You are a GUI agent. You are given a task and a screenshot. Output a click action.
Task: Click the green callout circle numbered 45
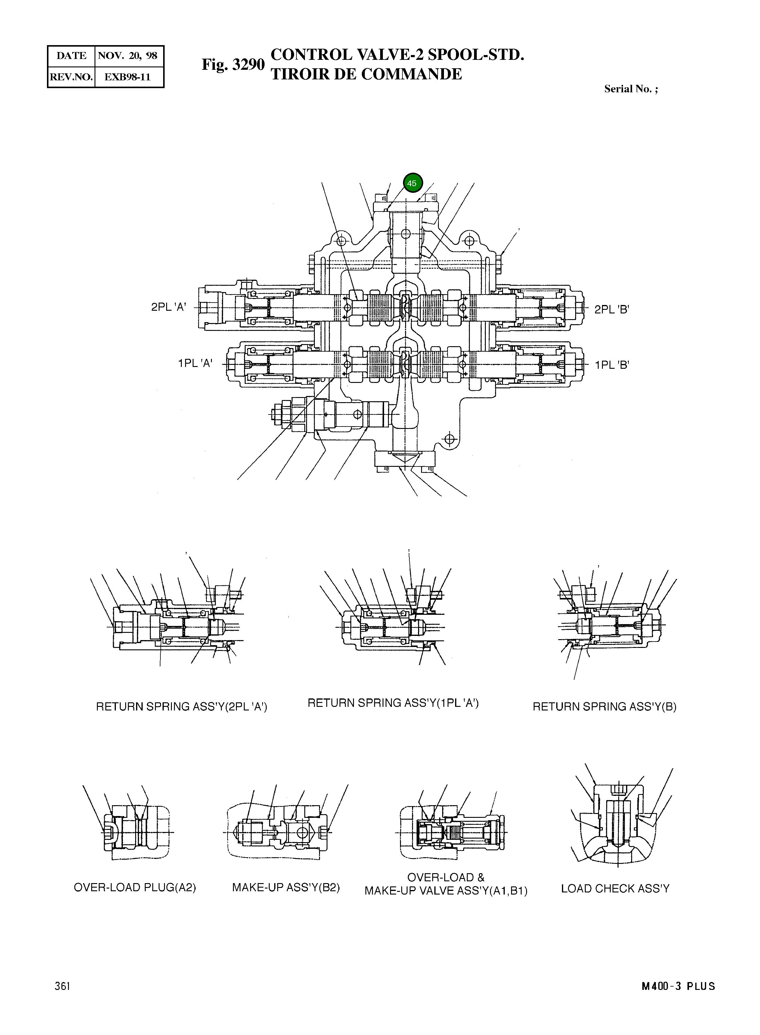click(x=412, y=183)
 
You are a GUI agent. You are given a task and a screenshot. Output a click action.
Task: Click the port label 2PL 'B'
click(x=611, y=310)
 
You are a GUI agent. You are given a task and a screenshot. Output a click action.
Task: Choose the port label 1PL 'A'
click(x=195, y=363)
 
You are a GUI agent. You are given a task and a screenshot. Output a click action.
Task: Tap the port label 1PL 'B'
click(x=611, y=365)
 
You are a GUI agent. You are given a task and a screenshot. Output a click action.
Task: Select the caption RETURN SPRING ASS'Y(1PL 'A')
click(x=393, y=703)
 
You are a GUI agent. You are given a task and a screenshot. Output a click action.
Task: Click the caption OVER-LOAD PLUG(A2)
click(x=135, y=887)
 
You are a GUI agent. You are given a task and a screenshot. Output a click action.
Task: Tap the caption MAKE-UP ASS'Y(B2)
click(x=286, y=887)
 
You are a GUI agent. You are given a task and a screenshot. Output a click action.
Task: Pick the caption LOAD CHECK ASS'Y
click(x=615, y=888)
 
